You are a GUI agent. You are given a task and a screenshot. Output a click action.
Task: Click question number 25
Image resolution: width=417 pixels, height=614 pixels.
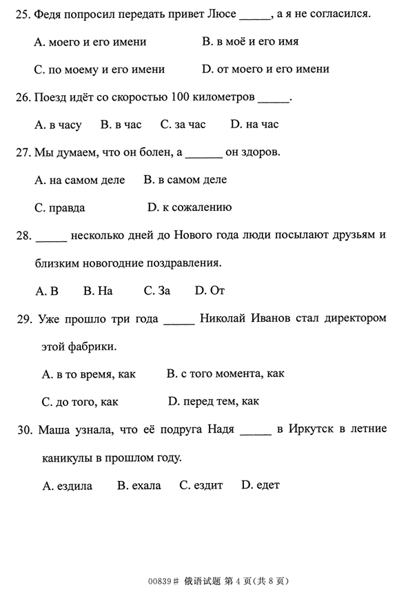[x=23, y=14]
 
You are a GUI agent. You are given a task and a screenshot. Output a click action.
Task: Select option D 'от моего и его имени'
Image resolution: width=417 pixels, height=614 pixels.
[x=265, y=69]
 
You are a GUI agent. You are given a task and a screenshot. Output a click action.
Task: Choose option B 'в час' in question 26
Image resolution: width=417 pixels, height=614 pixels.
[x=121, y=125]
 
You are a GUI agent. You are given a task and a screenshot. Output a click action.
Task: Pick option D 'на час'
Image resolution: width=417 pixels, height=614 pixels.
[x=254, y=125]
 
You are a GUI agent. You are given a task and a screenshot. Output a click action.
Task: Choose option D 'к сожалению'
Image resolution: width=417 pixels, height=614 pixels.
[x=190, y=207]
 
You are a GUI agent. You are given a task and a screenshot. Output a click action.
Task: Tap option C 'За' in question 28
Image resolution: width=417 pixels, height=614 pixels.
[x=156, y=291]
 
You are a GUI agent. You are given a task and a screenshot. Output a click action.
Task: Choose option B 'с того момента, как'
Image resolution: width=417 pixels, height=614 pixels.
[x=225, y=373]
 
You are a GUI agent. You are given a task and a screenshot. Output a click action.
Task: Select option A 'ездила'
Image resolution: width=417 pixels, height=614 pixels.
[x=67, y=485]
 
